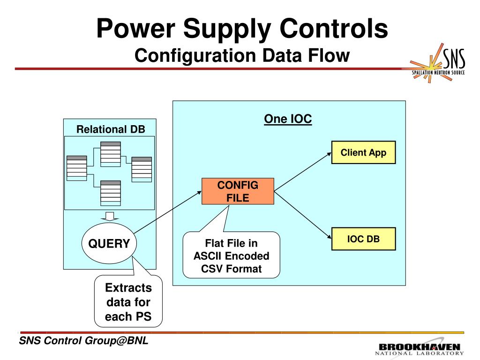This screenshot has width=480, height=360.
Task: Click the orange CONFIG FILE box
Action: [238, 191]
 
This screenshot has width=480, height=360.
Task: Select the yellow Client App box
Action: [363, 152]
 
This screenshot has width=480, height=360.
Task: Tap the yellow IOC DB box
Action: [363, 239]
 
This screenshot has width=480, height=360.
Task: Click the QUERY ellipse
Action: [109, 243]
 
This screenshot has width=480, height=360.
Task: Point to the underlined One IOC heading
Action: [288, 119]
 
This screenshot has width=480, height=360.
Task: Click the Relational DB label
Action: [111, 129]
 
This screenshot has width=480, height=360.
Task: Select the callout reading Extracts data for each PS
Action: [128, 301]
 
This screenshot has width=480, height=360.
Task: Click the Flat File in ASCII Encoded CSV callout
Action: [232, 255]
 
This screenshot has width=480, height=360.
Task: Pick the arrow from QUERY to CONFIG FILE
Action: [167, 212]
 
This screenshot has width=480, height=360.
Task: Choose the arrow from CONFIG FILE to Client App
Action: [303, 172]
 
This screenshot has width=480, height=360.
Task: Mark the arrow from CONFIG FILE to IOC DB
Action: [303, 215]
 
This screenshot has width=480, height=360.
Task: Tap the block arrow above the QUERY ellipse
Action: [109, 216]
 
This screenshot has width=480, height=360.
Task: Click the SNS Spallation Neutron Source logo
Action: [438, 63]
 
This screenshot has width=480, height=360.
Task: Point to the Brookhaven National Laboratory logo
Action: [420, 348]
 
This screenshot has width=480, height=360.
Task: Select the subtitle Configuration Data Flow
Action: [242, 55]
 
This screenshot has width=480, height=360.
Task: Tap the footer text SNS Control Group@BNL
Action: [83, 340]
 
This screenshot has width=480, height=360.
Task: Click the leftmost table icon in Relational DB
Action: [76, 168]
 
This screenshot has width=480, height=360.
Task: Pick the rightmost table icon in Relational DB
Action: [142, 170]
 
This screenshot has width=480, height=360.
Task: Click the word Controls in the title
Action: [334, 28]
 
